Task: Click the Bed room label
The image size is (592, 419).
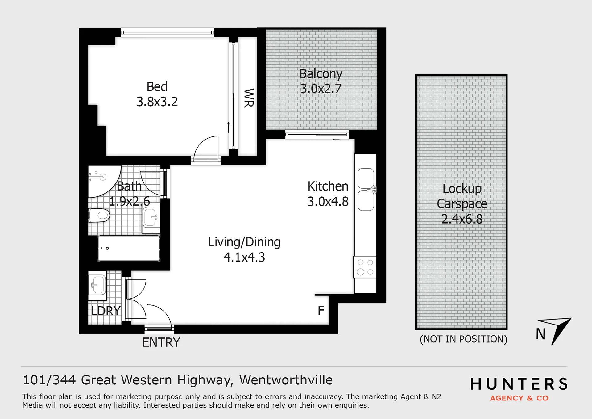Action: (157, 87)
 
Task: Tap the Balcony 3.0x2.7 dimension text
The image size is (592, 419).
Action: (321, 89)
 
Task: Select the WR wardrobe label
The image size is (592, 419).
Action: (249, 98)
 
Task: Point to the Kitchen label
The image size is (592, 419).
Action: (328, 186)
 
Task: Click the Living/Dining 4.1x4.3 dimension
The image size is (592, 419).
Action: (244, 257)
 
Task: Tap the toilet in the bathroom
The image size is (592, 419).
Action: (99, 215)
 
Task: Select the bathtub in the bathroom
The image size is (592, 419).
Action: (129, 248)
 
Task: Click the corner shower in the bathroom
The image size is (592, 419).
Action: (105, 181)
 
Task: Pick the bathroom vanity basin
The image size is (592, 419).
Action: (151, 218)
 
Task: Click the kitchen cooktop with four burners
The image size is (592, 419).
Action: (365, 267)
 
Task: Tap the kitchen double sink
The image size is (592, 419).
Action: (366, 189)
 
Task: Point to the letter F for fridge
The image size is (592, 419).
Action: (321, 310)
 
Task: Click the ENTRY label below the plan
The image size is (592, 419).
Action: (161, 342)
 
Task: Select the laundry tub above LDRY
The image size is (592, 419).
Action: (97, 285)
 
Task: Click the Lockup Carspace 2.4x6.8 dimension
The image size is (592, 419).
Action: (462, 219)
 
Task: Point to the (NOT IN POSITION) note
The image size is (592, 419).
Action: (463, 339)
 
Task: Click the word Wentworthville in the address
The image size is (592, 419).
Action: (286, 380)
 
